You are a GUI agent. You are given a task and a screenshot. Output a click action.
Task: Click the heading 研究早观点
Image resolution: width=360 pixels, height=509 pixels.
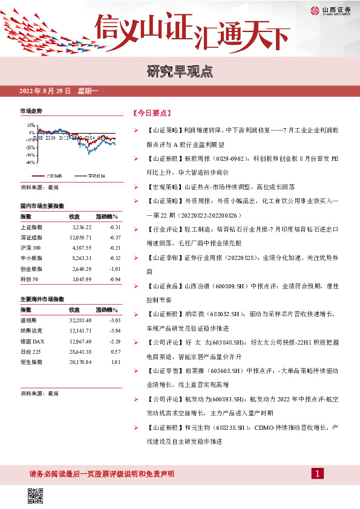180,73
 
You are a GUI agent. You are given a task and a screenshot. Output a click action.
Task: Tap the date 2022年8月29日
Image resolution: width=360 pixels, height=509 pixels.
45,91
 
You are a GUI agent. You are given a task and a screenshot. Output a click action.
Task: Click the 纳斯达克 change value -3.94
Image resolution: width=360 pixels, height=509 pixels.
110,331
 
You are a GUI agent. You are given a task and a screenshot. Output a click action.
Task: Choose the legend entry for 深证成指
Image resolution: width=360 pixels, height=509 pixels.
90,175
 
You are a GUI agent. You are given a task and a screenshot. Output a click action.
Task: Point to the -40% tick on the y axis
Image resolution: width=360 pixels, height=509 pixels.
30,162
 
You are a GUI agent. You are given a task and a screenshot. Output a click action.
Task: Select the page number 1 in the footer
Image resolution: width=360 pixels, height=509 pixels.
316,473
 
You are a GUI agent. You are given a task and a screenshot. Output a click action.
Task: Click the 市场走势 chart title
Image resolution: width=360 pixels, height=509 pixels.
31,112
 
